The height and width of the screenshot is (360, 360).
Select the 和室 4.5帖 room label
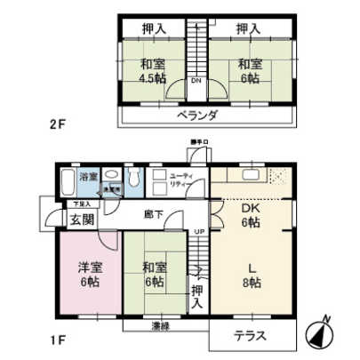152,70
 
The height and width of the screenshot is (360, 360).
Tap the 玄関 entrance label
82,219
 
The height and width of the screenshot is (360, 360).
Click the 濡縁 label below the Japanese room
161,324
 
